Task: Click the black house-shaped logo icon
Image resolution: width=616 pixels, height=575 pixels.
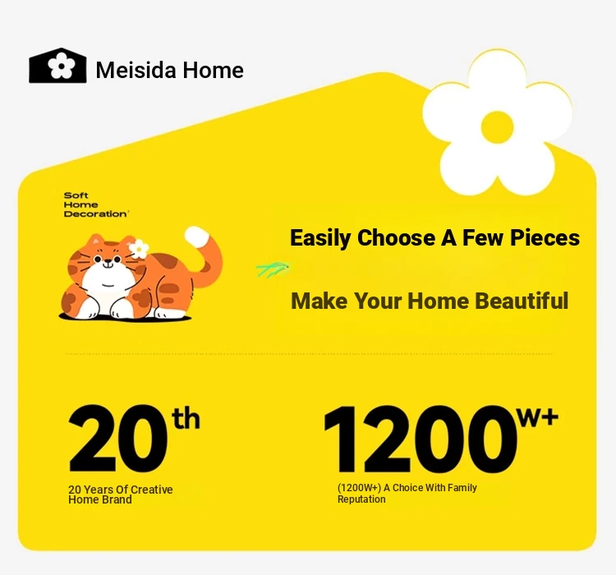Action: coord(57,66)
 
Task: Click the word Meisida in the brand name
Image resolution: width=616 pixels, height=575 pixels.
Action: coord(136,71)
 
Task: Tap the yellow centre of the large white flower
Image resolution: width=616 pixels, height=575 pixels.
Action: coord(498,127)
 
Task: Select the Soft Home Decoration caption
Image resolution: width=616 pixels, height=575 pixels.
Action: coord(95,205)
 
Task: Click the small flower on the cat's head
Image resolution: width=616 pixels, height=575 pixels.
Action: coord(139,249)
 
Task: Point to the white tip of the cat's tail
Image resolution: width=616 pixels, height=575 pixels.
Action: coord(197,237)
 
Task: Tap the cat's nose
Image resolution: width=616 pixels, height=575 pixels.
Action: coord(108,260)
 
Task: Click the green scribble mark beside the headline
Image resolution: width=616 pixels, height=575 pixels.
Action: coord(273,269)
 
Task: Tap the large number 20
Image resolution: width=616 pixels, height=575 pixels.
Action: coord(117,438)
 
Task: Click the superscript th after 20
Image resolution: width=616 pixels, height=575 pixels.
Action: coord(186,418)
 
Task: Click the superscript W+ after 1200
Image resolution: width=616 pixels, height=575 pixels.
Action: coord(538,416)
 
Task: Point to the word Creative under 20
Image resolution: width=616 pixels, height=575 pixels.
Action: coord(151,490)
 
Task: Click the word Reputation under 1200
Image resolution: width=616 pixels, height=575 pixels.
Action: coord(361,499)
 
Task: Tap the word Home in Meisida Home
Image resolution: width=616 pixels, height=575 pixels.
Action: coord(214,71)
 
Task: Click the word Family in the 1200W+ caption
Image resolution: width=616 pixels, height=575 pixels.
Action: coord(462,488)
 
